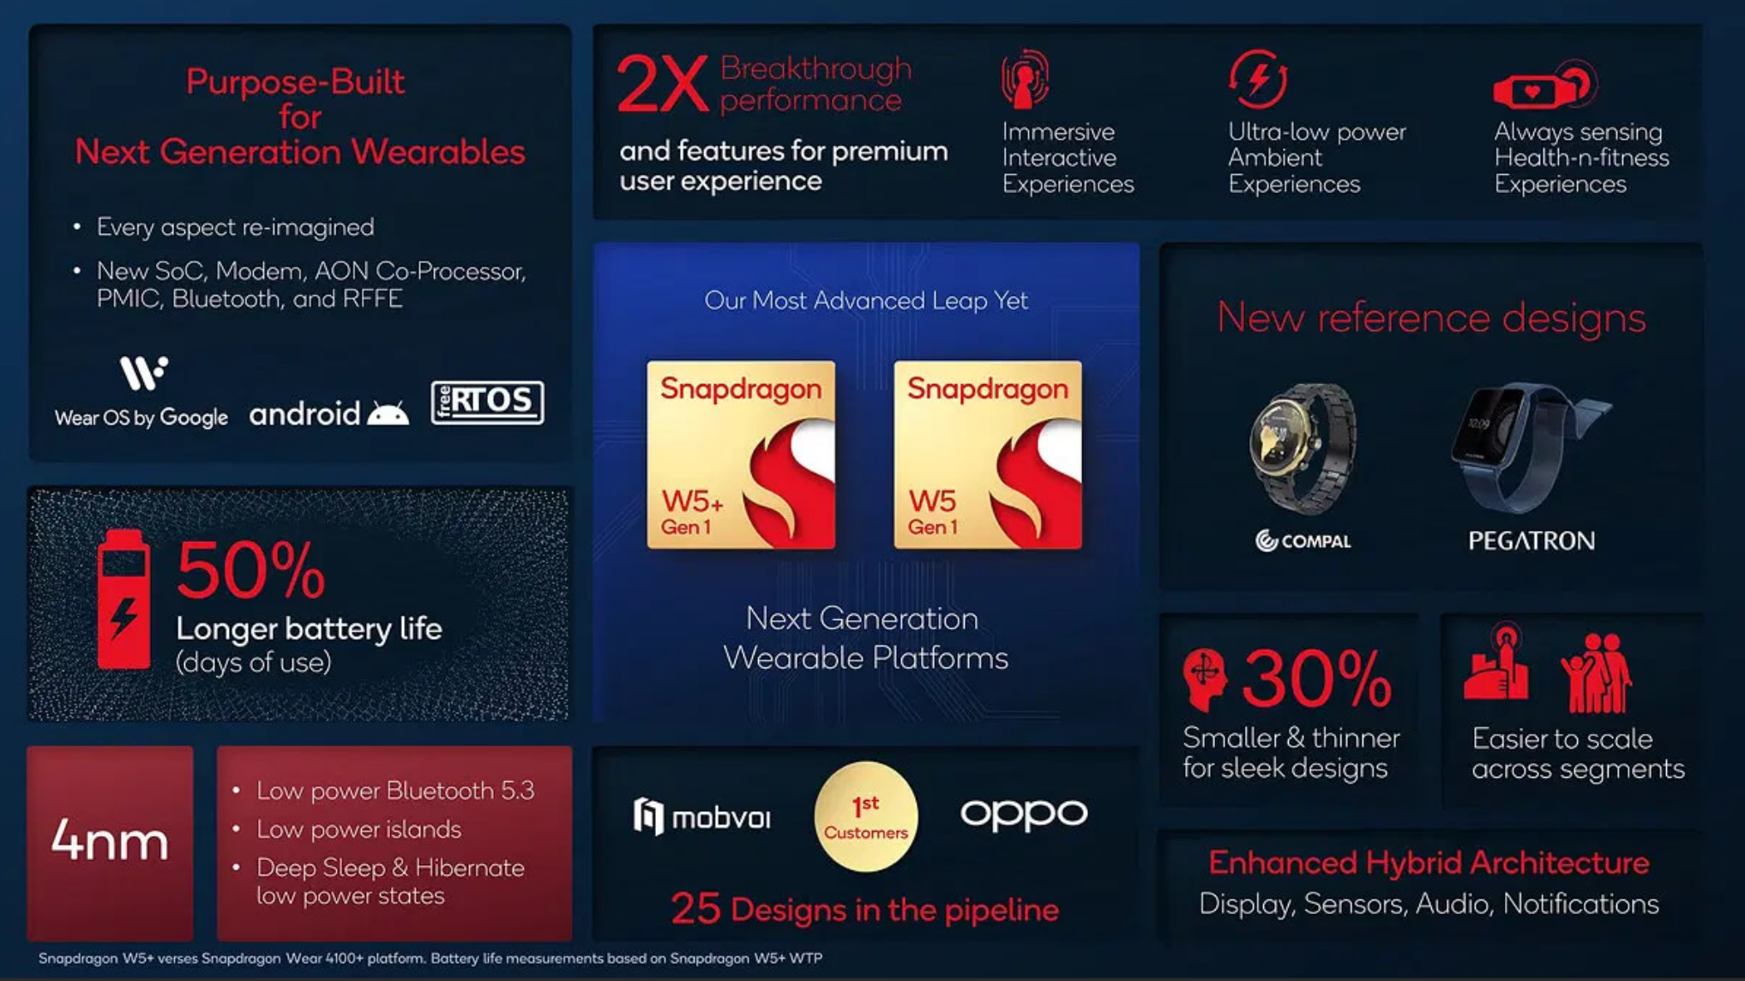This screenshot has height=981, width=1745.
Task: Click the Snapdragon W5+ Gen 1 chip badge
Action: click(x=741, y=454)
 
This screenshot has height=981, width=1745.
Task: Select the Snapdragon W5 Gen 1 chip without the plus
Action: click(x=988, y=454)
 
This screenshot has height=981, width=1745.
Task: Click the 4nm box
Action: click(x=110, y=843)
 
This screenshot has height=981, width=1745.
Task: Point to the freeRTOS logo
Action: click(x=487, y=402)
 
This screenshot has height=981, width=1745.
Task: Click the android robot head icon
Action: click(x=388, y=413)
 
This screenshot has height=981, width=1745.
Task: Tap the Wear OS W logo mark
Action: click(x=143, y=373)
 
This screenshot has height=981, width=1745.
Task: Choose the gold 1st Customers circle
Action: click(x=866, y=816)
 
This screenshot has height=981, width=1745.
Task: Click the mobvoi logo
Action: click(x=701, y=815)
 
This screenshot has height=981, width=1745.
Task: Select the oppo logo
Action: click(x=1024, y=815)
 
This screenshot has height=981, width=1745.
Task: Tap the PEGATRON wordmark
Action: click(x=1531, y=541)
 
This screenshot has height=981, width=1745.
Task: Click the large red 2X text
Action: click(x=662, y=85)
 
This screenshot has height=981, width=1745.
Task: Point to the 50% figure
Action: click(x=250, y=569)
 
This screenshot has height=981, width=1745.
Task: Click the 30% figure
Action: click(x=1317, y=678)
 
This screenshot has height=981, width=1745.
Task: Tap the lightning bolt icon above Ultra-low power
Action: click(x=1258, y=79)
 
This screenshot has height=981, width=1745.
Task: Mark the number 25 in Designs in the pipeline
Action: click(x=695, y=908)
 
